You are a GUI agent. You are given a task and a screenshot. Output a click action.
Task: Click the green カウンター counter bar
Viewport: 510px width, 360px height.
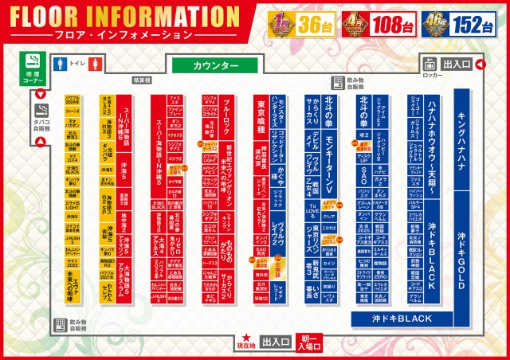tap(215, 65)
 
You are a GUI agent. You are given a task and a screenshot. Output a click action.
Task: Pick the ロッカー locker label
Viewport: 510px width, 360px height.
tap(432, 75)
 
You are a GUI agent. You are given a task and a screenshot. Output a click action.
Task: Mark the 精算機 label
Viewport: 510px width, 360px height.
tap(142, 80)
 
